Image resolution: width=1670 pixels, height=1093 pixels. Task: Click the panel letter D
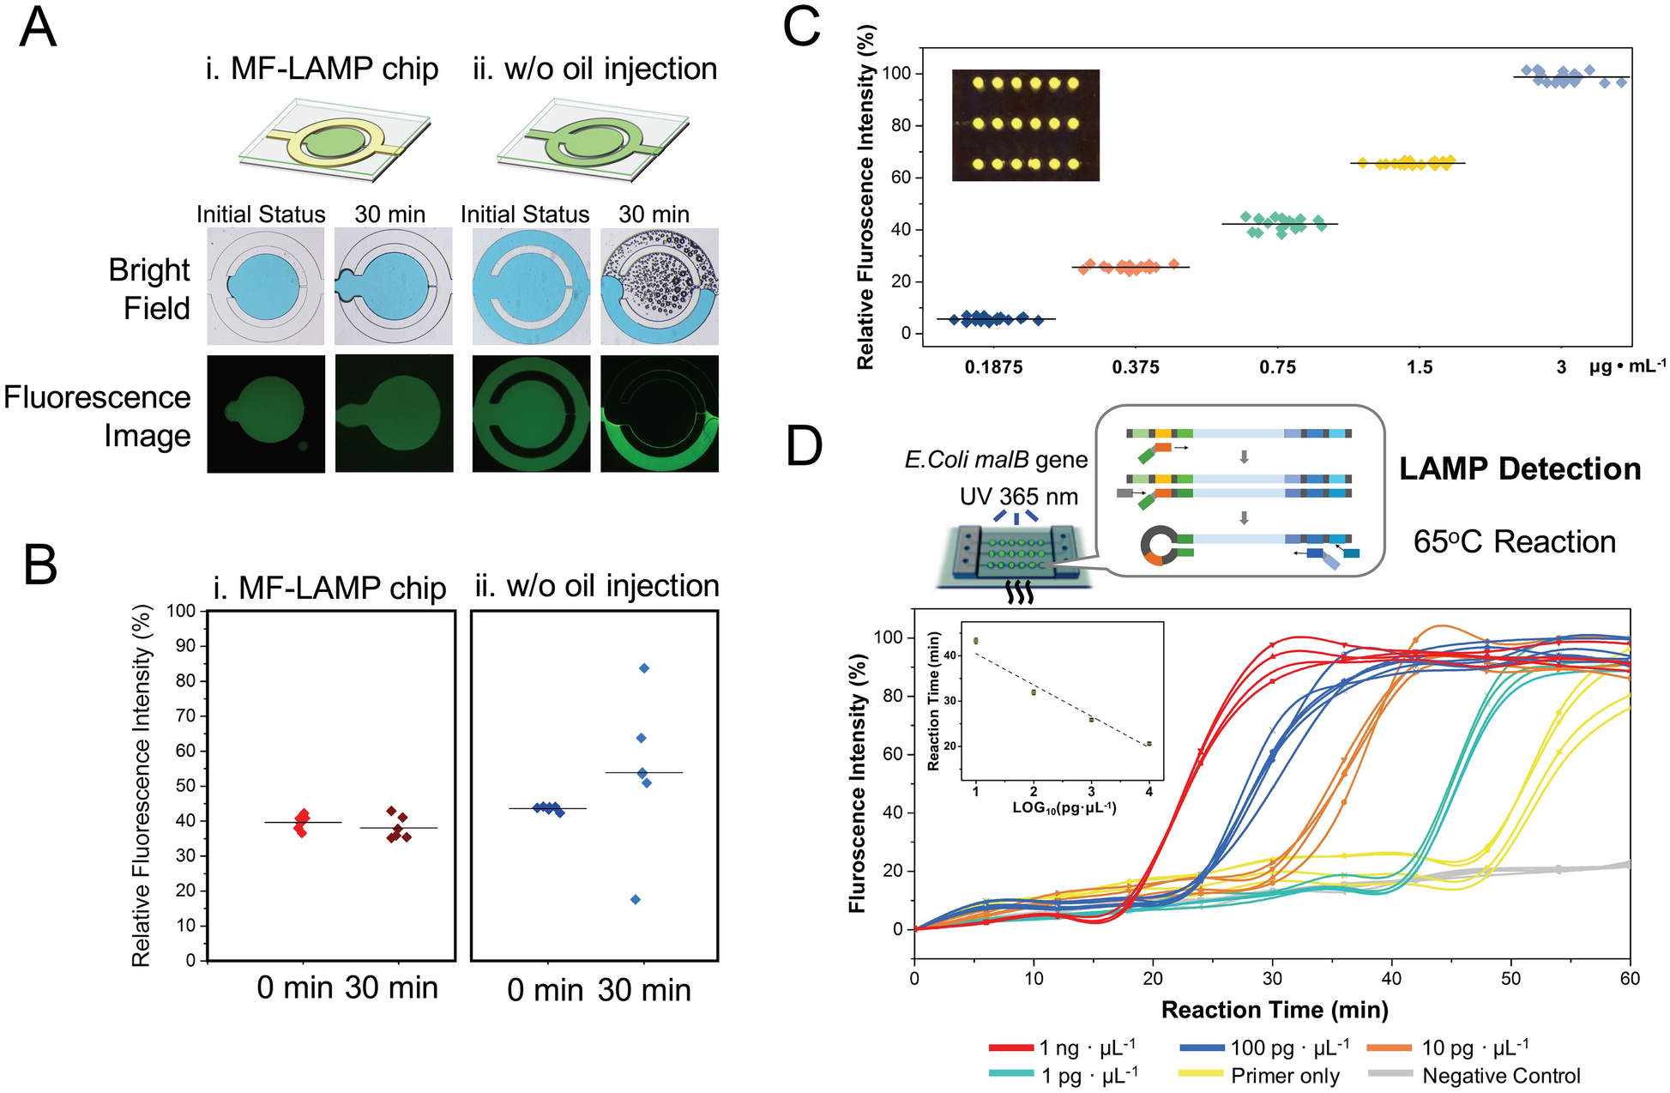click(x=804, y=446)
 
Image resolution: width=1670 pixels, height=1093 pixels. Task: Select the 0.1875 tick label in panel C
click(x=993, y=368)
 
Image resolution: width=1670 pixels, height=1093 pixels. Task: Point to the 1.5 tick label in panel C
click(x=1420, y=368)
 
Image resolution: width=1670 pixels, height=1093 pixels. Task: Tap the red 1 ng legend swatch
click(x=1010, y=1048)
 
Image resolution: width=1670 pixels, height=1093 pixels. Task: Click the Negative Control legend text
click(x=1501, y=1076)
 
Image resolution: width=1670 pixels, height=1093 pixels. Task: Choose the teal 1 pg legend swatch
click(x=1010, y=1074)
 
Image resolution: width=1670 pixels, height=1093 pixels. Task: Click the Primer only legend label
click(x=1285, y=1076)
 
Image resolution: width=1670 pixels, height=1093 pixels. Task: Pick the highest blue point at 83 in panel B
click(x=644, y=668)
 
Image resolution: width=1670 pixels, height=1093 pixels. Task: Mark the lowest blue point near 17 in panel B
click(x=636, y=899)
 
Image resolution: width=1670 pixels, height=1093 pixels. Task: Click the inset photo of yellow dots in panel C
click(x=1025, y=125)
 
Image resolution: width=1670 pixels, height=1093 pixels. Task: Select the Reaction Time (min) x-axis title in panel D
click(x=1274, y=1010)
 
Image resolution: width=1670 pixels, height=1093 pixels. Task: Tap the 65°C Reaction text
click(x=1514, y=542)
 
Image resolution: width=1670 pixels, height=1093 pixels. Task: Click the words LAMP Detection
click(x=1520, y=469)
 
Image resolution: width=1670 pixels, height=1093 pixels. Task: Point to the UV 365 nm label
click(x=1018, y=497)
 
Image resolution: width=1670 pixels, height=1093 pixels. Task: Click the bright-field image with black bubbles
click(x=659, y=287)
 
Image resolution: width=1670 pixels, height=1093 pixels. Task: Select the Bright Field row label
click(x=149, y=289)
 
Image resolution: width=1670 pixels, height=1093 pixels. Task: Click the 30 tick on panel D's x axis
click(x=1272, y=979)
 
